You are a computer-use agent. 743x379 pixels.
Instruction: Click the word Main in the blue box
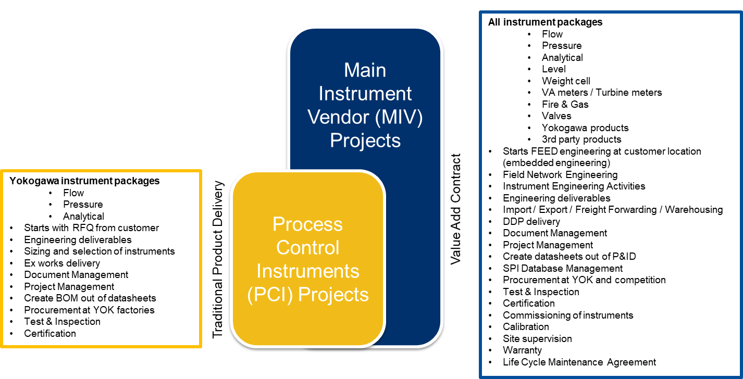(365, 70)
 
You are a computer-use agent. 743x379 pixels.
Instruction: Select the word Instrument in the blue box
(365, 94)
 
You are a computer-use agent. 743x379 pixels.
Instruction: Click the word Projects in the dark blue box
(365, 141)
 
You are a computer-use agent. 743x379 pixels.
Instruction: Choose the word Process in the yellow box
(307, 224)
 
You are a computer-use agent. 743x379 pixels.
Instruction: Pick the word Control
(307, 248)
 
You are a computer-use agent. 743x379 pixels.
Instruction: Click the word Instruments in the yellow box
(307, 271)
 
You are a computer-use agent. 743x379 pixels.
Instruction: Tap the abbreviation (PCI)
(270, 295)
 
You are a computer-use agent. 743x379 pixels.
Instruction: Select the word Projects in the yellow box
(333, 295)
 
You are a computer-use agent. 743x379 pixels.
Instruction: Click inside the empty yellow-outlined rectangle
(101, 259)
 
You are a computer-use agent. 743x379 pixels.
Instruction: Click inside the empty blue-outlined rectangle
(610, 194)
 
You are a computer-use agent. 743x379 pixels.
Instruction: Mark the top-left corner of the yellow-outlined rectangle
(2, 171)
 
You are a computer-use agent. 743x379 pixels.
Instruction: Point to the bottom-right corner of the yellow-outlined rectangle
(201, 346)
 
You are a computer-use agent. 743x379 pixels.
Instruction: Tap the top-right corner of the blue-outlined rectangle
(740, 13)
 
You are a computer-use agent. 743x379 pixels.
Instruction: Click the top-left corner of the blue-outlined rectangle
(481, 13)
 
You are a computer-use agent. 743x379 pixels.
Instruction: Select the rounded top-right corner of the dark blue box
(436, 34)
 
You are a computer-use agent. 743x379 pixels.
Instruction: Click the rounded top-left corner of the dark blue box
(295, 34)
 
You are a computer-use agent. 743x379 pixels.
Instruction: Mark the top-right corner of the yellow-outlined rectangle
(201, 171)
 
